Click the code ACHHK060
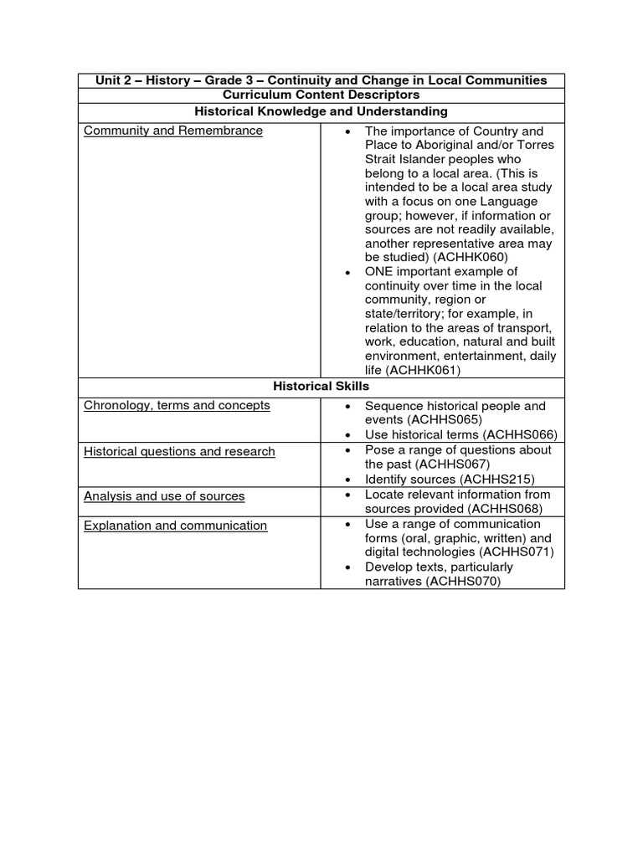pyautogui.click(x=476, y=257)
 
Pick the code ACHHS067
pyautogui.click(x=453, y=464)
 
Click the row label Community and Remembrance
pyautogui.click(x=173, y=131)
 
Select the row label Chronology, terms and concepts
pyautogui.click(x=177, y=405)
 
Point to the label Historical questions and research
pyautogui.click(x=179, y=451)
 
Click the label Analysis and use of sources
pyautogui.click(x=164, y=496)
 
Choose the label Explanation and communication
pyautogui.click(x=175, y=526)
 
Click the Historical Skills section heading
pyautogui.click(x=321, y=386)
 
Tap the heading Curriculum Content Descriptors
pyautogui.click(x=321, y=95)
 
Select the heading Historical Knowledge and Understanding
pyautogui.click(x=321, y=110)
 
